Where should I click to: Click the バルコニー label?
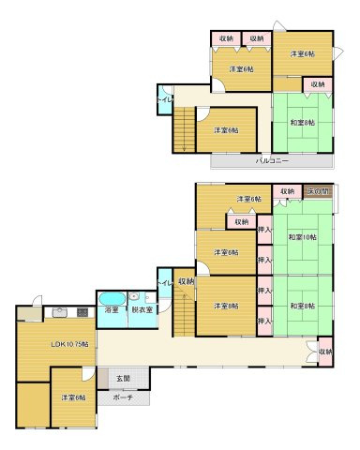[272, 161]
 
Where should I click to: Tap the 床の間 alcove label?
[321, 192]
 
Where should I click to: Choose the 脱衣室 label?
[142, 309]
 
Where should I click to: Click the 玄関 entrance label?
[123, 378]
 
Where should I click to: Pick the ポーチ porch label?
[122, 397]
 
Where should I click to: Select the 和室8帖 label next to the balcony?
[302, 123]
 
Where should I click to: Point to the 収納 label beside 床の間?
[288, 192]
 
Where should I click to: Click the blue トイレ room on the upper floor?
[164, 100]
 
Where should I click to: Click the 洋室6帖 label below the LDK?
[73, 398]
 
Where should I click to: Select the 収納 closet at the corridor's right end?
[324, 352]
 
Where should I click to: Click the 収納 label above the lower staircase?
[185, 280]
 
